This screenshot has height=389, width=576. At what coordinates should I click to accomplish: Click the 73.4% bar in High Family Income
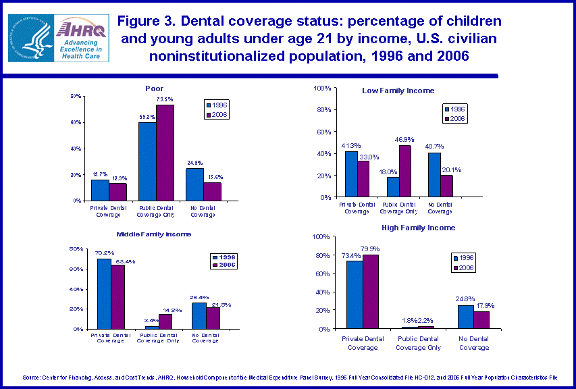(355, 294)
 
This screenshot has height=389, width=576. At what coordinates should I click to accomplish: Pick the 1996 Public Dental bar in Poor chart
(147, 161)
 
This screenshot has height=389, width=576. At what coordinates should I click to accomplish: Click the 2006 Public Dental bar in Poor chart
(165, 153)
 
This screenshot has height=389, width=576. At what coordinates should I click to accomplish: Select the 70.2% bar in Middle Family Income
(104, 294)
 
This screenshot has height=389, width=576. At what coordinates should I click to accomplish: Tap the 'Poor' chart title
(154, 88)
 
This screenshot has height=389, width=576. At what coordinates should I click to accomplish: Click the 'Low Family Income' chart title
(398, 90)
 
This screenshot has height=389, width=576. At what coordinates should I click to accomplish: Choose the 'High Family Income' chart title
(418, 228)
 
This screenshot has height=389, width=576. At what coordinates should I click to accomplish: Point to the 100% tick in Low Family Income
(321, 88)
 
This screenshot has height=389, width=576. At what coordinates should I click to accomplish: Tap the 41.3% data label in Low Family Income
(350, 145)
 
